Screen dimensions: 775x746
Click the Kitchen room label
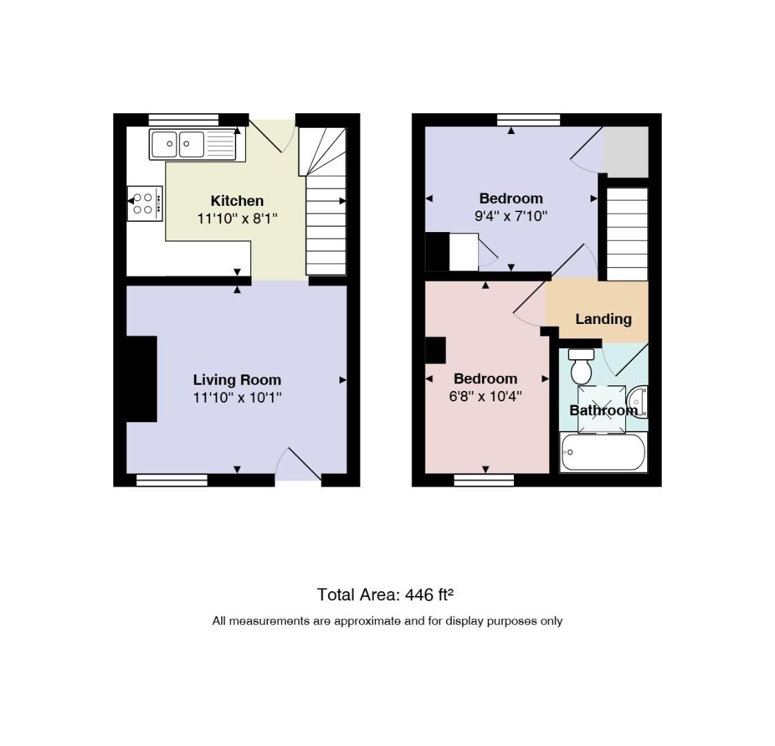(x=237, y=201)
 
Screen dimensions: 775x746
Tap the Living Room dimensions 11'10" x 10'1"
(x=237, y=397)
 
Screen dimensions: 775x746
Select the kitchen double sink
(x=198, y=144)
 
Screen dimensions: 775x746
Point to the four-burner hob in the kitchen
(x=145, y=203)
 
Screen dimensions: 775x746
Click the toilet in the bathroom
(x=582, y=366)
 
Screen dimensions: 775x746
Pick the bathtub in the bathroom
(x=603, y=452)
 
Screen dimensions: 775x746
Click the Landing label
(x=603, y=319)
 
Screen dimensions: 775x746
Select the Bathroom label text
(x=603, y=410)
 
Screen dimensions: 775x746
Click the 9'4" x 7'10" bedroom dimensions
(x=511, y=216)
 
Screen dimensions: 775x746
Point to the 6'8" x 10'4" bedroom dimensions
(x=486, y=396)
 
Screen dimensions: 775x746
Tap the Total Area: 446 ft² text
(x=385, y=594)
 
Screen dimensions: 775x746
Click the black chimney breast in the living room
(x=142, y=379)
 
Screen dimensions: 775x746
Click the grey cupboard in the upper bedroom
(x=626, y=152)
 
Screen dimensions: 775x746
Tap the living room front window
(x=171, y=480)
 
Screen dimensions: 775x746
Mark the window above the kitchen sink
(x=183, y=119)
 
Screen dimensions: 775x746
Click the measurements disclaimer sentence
(x=387, y=621)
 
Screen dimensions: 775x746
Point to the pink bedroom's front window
(x=484, y=480)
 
